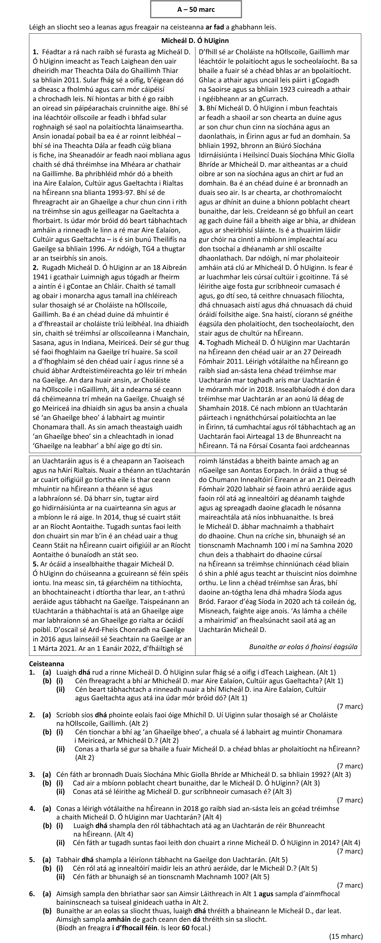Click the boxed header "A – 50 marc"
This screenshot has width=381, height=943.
[x=196, y=9]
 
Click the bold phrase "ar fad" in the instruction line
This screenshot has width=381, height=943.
[x=214, y=27]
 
